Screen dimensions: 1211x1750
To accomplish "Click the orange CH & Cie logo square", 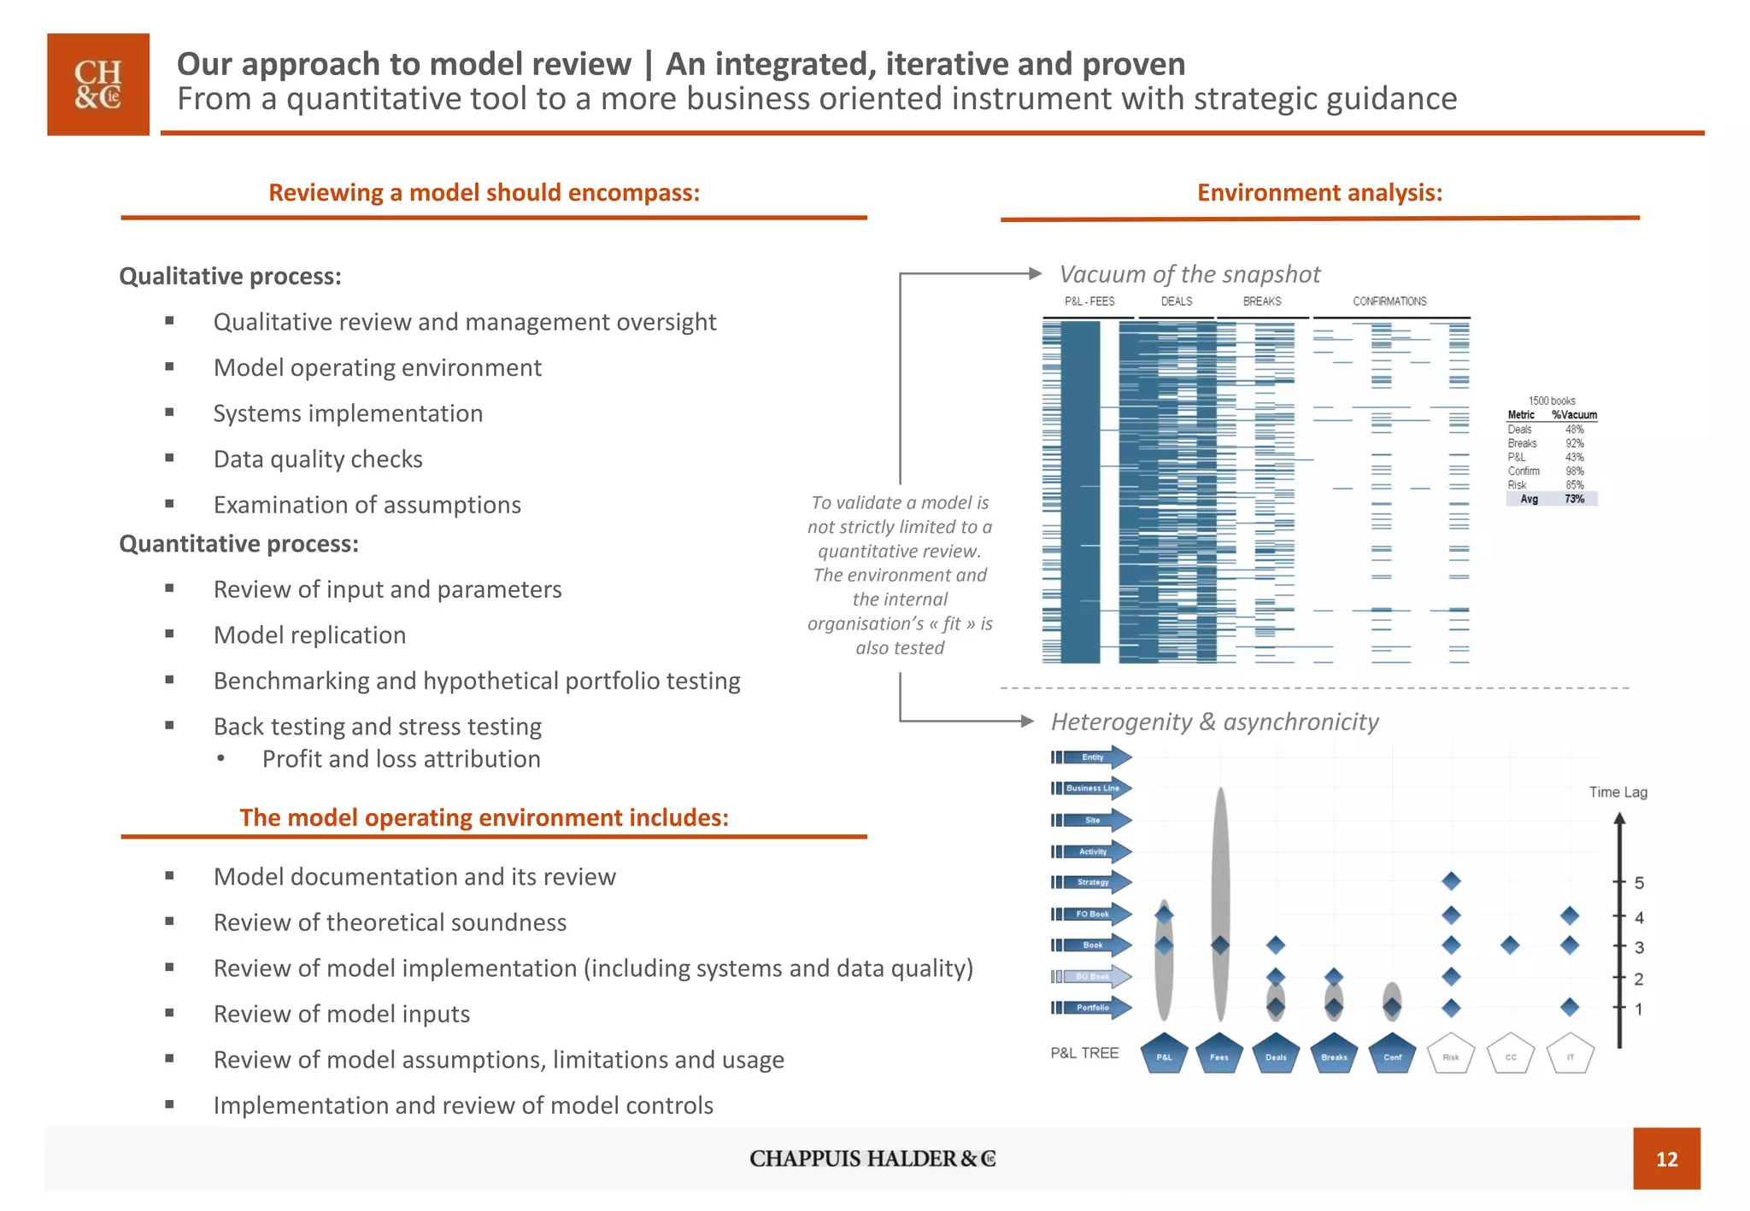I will pos(97,84).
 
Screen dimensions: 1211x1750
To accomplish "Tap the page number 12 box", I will pos(1665,1158).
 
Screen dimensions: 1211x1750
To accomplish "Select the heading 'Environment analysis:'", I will pos(1318,192).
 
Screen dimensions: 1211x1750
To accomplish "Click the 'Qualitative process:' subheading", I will pos(230,276).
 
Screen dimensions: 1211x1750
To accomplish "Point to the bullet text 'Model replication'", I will pos(309,635).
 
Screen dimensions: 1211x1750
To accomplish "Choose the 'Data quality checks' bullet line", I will pos(318,459).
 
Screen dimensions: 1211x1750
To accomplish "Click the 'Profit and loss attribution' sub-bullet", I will pos(401,758).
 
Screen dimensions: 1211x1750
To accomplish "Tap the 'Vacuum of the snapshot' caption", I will pos(1189,274).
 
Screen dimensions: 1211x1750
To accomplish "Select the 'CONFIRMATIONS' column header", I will pos(1389,301).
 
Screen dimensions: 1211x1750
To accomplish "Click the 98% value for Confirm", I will pos(1574,471).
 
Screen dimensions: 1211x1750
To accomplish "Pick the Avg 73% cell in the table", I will pos(1574,499).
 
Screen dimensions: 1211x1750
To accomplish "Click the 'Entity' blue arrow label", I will pos(1092,757).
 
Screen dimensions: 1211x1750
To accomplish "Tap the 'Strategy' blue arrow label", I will pos(1092,882).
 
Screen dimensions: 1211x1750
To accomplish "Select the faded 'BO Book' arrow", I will pos(1092,976).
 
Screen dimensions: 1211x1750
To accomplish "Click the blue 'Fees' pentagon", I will pos(1219,1055).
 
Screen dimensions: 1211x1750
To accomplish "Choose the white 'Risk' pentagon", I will pos(1451,1055).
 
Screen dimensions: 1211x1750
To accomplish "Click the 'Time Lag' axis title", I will pos(1618,792).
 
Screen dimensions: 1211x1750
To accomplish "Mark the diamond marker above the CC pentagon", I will pos(1510,945).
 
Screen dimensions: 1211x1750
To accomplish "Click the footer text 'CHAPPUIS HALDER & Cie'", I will pos(872,1158).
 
